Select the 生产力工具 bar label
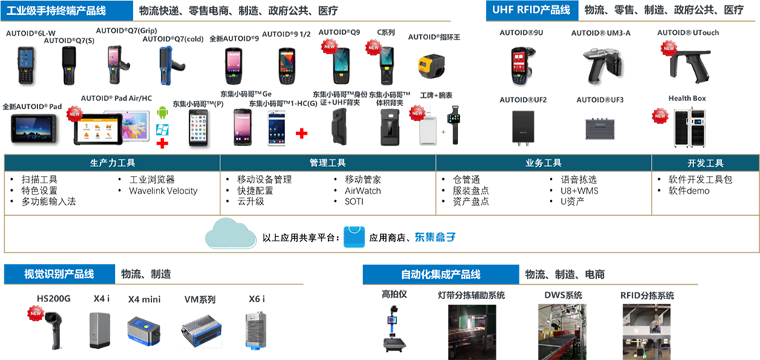tap(112, 163)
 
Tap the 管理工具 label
tap(327, 163)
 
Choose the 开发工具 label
tap(705, 163)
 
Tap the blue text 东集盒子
tap(432, 238)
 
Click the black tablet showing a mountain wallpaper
tap(33, 128)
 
